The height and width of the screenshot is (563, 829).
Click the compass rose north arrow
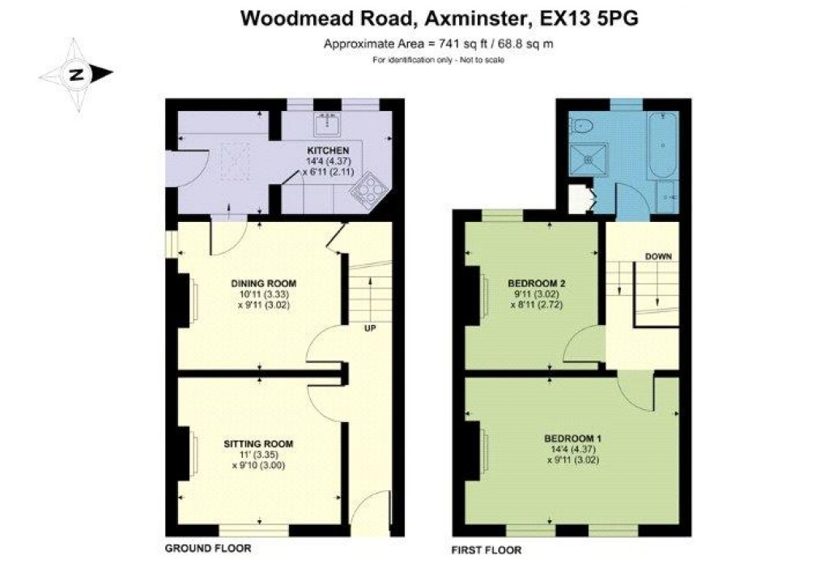[76, 75]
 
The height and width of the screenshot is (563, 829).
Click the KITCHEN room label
[327, 151]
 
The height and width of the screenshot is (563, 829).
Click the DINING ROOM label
[264, 283]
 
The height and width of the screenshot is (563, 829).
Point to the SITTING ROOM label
[258, 443]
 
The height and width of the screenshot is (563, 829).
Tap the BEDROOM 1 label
[572, 438]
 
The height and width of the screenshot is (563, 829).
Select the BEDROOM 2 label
[536, 283]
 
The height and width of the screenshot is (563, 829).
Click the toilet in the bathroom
[581, 125]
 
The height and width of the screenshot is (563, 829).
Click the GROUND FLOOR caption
[208, 548]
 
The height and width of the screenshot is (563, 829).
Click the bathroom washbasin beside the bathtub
[665, 197]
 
